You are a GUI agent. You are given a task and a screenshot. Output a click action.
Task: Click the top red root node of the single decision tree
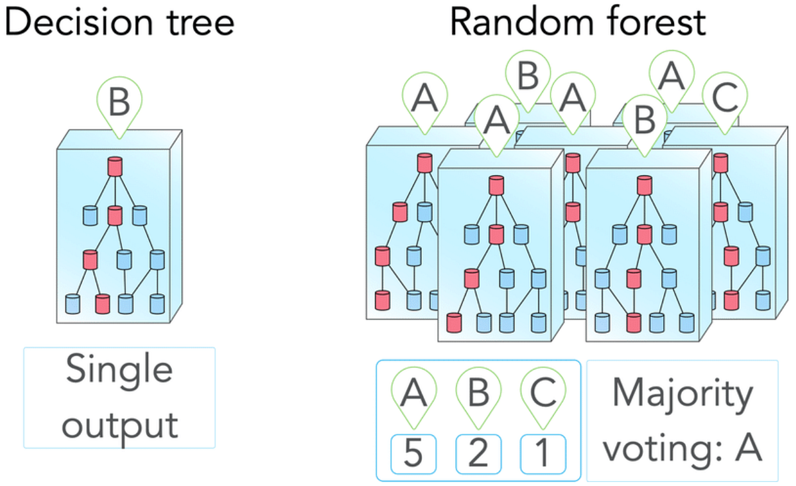[x=115, y=166]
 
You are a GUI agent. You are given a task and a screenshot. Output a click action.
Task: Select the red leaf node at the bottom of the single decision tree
[x=102, y=304]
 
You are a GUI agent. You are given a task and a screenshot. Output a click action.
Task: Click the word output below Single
[x=119, y=424]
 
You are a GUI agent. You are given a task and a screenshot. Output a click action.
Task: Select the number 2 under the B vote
[x=478, y=454]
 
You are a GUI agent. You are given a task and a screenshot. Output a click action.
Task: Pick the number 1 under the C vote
[x=543, y=454]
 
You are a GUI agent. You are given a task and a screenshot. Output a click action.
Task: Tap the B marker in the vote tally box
[x=478, y=393]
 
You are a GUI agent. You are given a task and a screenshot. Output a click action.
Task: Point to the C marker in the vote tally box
[x=543, y=393]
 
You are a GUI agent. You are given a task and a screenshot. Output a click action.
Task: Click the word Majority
[x=683, y=395]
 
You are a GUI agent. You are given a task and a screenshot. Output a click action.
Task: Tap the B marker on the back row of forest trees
[x=528, y=76]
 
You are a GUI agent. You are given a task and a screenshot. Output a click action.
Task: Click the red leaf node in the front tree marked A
[x=454, y=323]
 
